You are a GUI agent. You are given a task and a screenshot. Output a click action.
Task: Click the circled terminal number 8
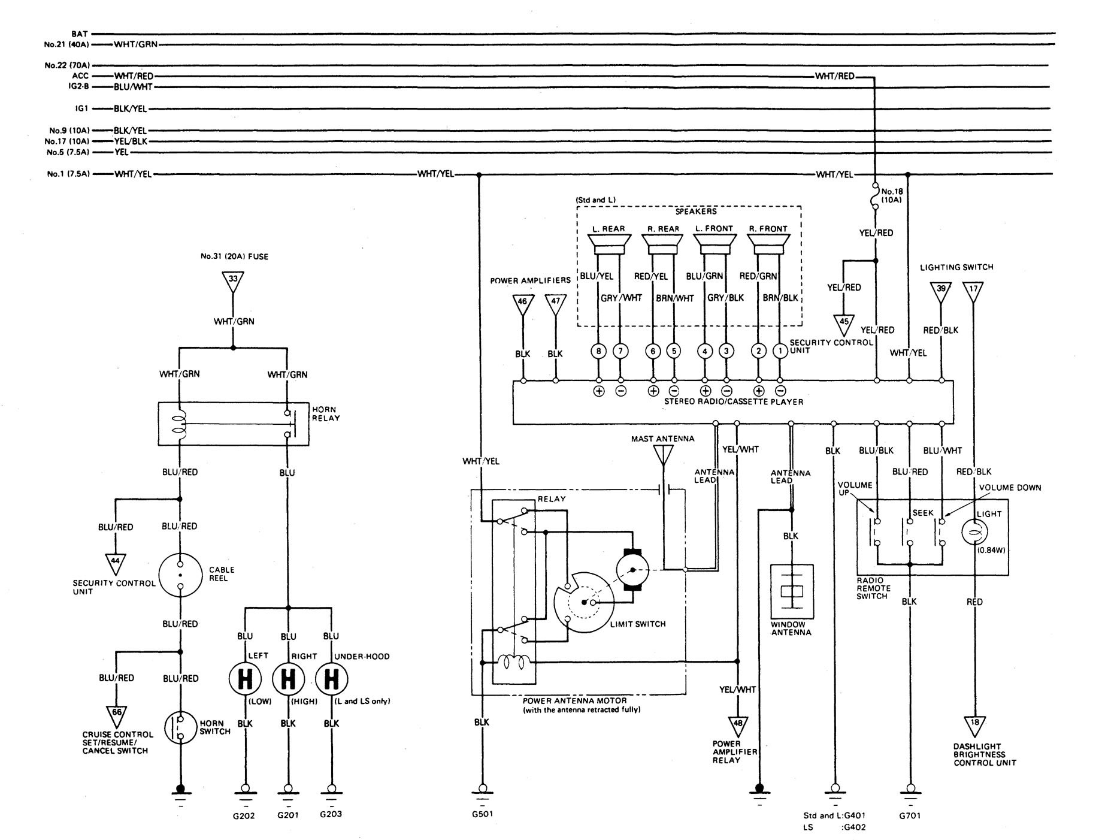pos(598,351)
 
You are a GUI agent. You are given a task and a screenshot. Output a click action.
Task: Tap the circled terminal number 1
pos(780,351)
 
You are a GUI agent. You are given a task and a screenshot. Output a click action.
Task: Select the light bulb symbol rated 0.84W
pos(974,532)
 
